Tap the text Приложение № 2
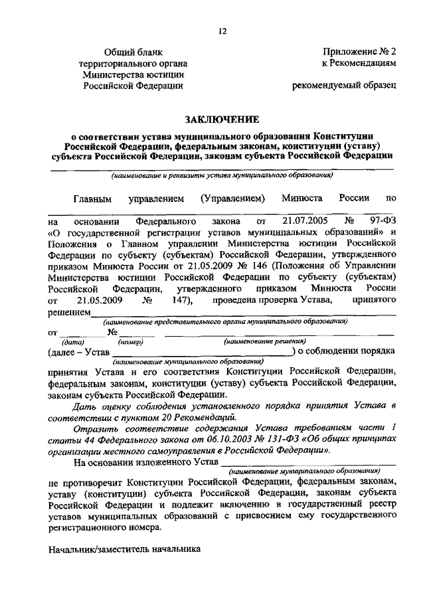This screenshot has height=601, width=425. (x=359, y=51)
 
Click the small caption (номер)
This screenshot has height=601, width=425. (x=128, y=341)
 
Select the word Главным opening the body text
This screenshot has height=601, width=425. (x=93, y=198)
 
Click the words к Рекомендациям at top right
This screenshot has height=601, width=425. (x=359, y=62)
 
